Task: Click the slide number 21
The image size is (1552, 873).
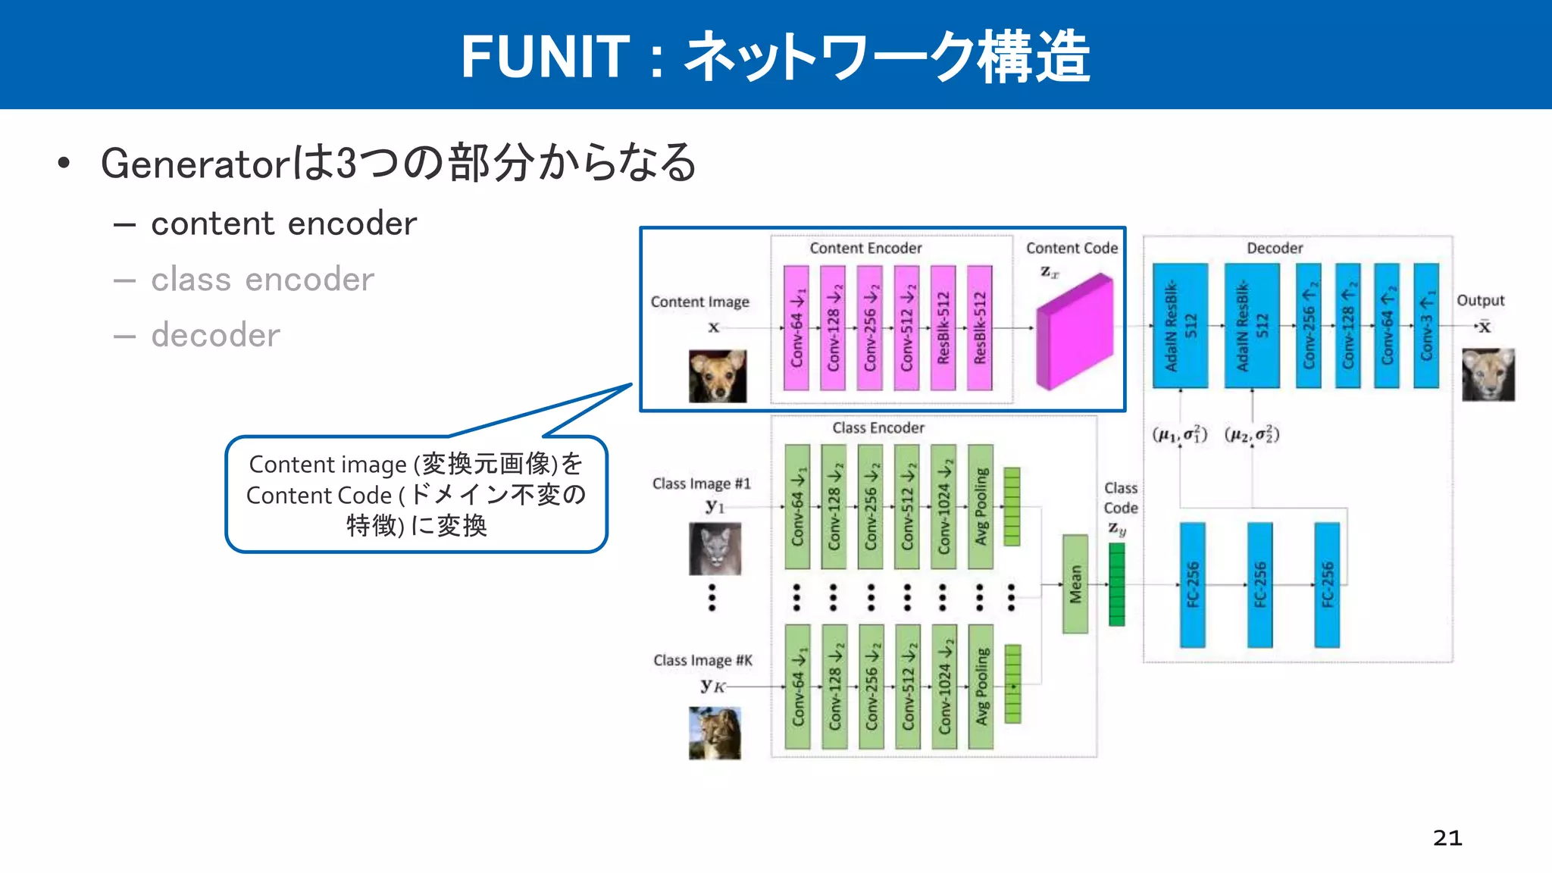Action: [x=1447, y=837]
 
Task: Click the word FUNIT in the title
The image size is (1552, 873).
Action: [x=545, y=57]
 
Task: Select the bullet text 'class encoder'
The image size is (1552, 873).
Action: [x=262, y=280]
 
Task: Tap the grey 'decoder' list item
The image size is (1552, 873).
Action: [x=215, y=335]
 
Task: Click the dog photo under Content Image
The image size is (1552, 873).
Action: [x=717, y=376]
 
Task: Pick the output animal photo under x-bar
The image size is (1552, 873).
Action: [x=1488, y=374]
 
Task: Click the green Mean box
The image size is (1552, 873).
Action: [x=1075, y=584]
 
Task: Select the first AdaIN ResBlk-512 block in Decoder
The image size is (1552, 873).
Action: [x=1180, y=326]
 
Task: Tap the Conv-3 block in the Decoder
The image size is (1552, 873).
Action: [x=1425, y=326]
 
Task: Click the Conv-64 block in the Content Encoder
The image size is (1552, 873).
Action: [x=796, y=328]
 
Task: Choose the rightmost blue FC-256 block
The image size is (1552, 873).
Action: [x=1327, y=584]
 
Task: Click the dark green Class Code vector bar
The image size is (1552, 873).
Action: [x=1116, y=584]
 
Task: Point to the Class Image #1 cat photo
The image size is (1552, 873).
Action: [x=715, y=549]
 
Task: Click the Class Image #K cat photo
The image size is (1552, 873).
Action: [x=715, y=733]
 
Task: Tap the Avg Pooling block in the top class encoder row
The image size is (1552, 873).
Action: [x=981, y=506]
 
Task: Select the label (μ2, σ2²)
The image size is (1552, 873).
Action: [x=1252, y=435]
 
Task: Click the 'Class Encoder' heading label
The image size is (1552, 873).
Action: [x=878, y=428]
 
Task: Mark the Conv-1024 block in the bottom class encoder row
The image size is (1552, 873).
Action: [x=944, y=687]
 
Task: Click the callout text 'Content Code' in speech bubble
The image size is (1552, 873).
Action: [x=319, y=496]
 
